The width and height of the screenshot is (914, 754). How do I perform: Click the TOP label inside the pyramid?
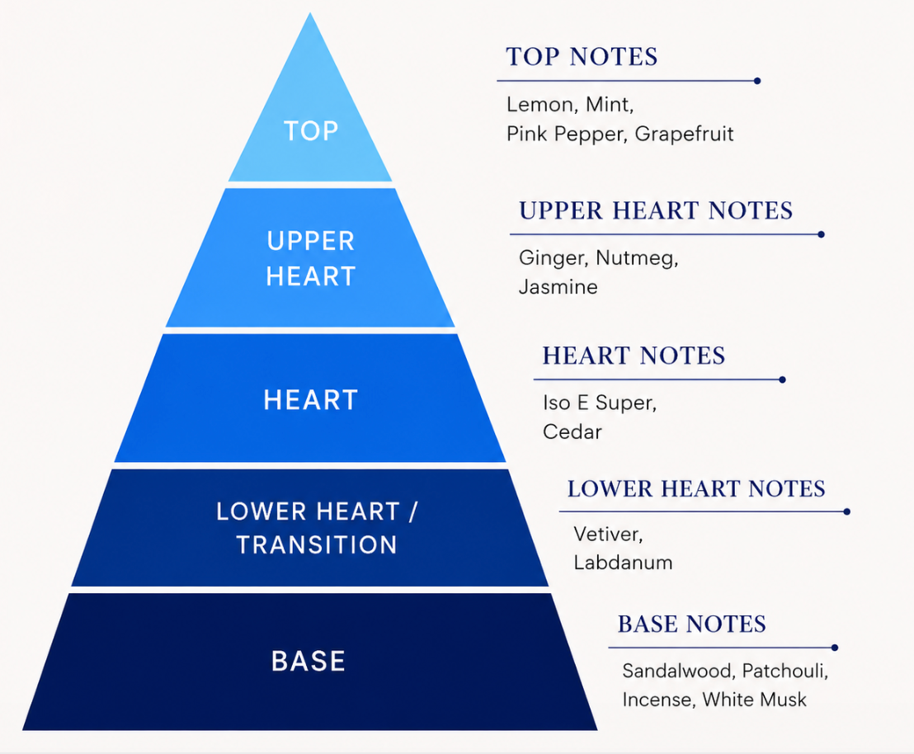311,130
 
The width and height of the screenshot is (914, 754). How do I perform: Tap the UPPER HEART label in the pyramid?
311,258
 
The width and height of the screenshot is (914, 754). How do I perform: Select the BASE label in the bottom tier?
309,662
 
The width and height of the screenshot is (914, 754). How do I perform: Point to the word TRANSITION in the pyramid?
317,544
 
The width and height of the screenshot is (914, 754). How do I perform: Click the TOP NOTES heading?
582,57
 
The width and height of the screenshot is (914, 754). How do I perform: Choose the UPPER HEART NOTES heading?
656,210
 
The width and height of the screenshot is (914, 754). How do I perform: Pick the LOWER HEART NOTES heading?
696,488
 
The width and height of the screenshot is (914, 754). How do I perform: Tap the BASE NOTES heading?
692,624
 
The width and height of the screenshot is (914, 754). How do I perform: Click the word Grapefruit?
684,134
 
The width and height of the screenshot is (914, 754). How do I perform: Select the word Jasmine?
558,287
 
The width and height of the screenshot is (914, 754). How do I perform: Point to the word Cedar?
572,431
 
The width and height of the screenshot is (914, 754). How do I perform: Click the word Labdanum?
623,562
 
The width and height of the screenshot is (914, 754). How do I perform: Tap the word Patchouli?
784,671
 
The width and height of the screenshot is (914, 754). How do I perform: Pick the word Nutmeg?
637,257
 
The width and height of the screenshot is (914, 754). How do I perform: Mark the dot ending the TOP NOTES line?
757,81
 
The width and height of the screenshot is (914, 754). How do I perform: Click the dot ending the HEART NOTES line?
782,379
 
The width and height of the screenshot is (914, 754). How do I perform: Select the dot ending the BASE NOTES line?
835,648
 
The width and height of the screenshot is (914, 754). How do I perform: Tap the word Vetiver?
607,535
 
